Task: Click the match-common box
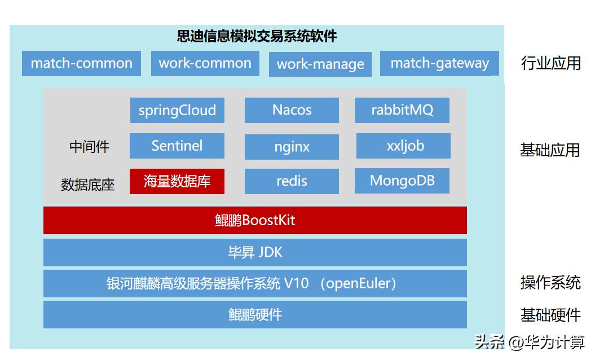click(81, 63)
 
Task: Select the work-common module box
click(205, 63)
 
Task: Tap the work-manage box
click(320, 64)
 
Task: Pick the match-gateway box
click(439, 63)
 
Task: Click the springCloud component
click(177, 110)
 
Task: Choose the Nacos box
click(292, 110)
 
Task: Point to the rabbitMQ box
click(402, 110)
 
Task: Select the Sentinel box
click(177, 146)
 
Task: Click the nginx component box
click(292, 147)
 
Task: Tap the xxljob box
click(403, 146)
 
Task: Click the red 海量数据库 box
click(177, 182)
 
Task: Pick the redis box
click(292, 182)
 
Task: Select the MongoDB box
click(402, 181)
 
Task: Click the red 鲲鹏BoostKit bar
click(255, 220)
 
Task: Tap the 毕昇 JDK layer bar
click(255, 252)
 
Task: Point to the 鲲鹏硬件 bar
click(255, 314)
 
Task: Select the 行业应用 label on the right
click(550, 63)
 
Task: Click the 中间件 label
click(89, 147)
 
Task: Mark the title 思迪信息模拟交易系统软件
click(257, 37)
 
